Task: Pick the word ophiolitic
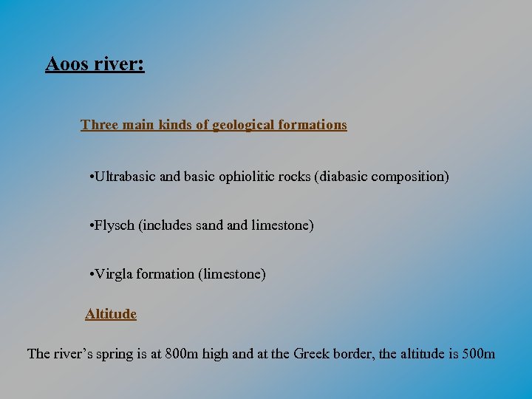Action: [247, 177]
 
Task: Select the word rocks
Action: [295, 177]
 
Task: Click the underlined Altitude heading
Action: [111, 314]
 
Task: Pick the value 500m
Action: [478, 354]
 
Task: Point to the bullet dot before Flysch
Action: [89, 225]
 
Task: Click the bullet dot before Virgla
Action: [89, 274]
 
